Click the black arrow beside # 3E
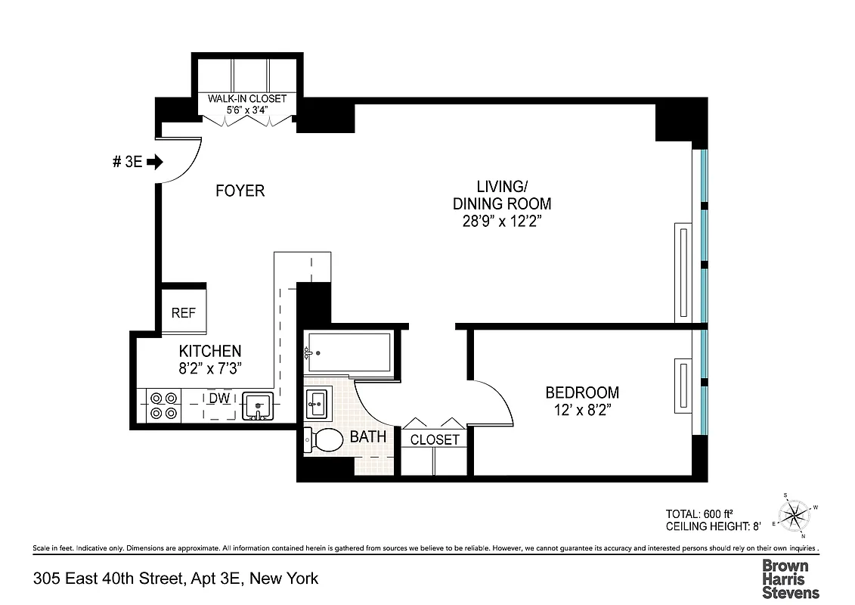click(155, 162)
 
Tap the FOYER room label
click(240, 191)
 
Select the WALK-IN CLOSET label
click(247, 99)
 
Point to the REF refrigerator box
click(184, 312)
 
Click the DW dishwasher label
click(219, 397)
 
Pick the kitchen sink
click(258, 405)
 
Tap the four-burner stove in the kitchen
click(163, 405)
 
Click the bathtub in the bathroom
click(349, 352)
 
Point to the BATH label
click(368, 437)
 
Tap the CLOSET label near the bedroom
click(435, 439)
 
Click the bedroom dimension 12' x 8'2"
click(582, 411)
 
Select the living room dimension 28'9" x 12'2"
click(501, 222)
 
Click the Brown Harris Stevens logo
click(790, 579)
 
